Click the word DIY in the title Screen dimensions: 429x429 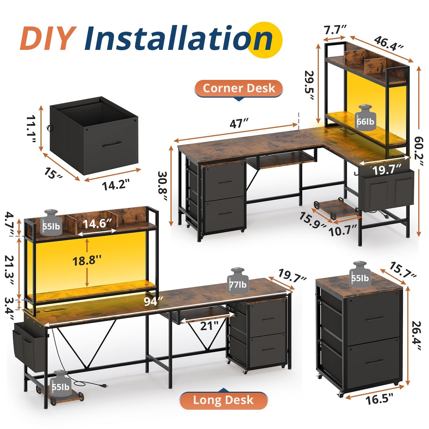[47, 39]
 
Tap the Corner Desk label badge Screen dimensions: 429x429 [239, 88]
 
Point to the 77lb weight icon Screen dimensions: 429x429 [238, 281]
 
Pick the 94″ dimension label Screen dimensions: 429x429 [153, 301]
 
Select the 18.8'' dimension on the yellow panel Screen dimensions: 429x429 [87, 260]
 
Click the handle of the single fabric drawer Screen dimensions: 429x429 [113, 144]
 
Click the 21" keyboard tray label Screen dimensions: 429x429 [209, 326]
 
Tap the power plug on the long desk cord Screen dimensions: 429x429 [103, 391]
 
